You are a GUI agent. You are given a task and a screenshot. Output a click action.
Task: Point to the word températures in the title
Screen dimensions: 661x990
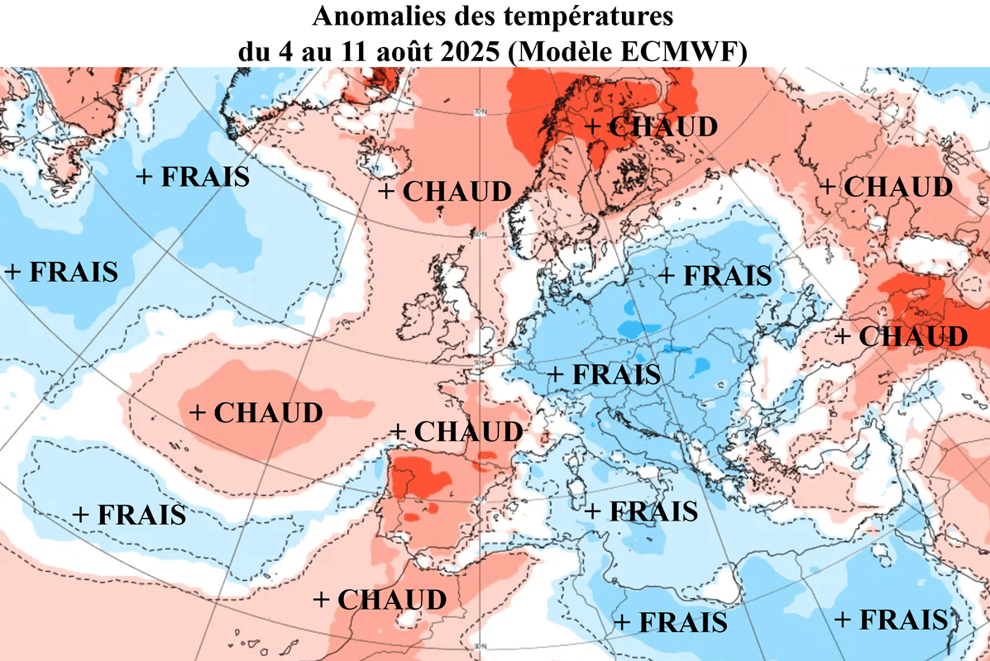coord(599,17)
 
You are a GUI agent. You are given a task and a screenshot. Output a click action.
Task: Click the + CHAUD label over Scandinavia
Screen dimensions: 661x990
coord(651,126)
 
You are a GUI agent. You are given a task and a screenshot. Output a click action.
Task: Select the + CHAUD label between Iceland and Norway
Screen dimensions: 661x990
coord(445,191)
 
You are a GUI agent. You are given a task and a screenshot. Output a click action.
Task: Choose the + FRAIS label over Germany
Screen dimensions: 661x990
coord(605,374)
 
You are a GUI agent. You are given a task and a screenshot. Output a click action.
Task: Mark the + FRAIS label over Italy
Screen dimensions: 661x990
coord(641,511)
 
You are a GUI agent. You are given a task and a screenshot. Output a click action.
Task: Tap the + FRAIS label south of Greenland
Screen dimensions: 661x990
coord(193,176)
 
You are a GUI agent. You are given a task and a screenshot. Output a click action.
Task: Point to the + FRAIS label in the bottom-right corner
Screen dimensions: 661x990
coord(891,619)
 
